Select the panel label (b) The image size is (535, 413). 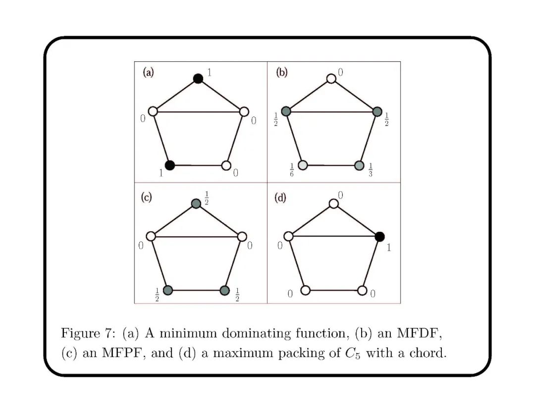tap(281, 73)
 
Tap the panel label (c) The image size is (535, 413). tap(146, 197)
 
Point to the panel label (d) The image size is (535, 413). tap(280, 198)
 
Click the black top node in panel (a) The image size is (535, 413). tap(198, 78)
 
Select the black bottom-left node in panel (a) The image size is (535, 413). tap(170, 165)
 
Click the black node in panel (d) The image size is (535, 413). tap(380, 237)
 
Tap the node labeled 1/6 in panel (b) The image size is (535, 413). tap(303, 165)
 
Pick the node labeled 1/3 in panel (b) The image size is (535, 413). tap(360, 165)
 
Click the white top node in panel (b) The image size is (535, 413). tap(331, 78)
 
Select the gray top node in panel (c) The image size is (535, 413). tap(196, 204)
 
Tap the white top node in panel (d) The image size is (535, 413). tap(334, 204)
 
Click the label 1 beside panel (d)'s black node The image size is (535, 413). tap(388, 247)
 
